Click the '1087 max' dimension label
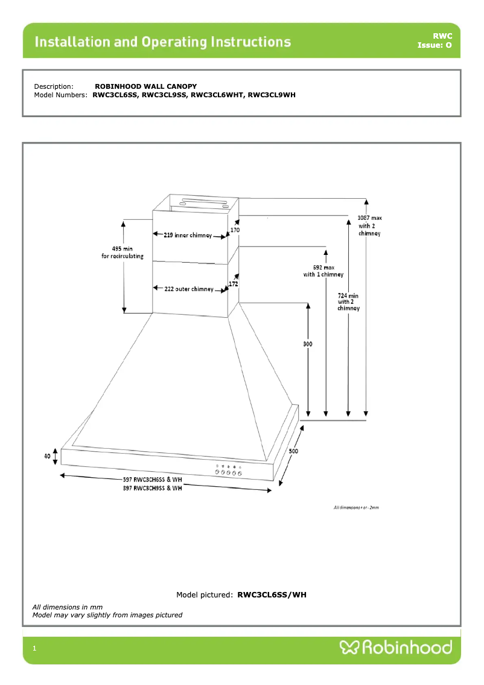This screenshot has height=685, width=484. click(370, 217)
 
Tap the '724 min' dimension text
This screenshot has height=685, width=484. click(348, 295)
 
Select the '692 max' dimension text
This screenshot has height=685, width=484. click(323, 267)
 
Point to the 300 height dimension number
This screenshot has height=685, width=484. click(307, 344)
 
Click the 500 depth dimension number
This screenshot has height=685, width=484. click(293, 451)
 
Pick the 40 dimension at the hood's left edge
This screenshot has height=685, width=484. click(47, 456)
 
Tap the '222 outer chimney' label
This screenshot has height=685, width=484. click(189, 289)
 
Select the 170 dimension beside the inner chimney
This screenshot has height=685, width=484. click(235, 230)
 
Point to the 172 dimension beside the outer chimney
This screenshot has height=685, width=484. click(234, 283)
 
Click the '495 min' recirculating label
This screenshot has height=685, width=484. click(123, 248)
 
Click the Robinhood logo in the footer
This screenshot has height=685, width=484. click(396, 648)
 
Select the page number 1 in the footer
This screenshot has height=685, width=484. click(35, 649)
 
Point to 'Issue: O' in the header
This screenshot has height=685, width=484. click(434, 45)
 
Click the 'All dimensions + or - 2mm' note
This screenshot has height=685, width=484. click(356, 507)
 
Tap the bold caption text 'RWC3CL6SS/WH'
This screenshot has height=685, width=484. click(272, 595)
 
